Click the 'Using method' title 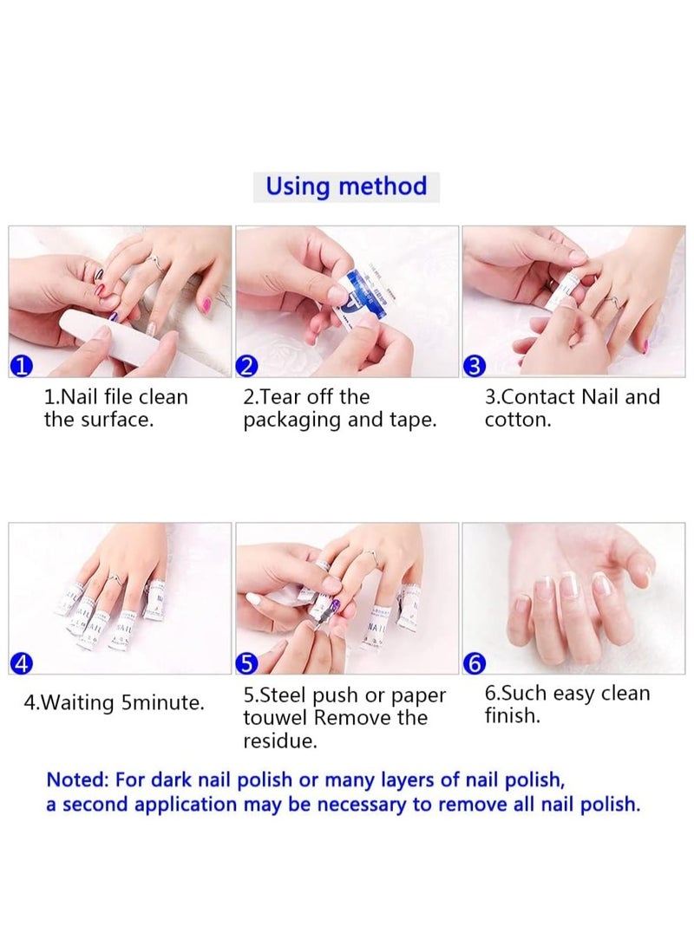point(346,186)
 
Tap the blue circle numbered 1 point(22,367)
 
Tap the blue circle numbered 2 point(247,367)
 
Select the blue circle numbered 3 point(474,367)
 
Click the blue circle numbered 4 point(22,664)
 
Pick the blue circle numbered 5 point(247,664)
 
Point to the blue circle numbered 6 point(474,664)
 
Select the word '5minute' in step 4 point(162,702)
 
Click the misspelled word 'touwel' point(276,718)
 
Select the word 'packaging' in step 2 point(286,421)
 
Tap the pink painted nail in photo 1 point(206,304)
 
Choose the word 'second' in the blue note point(91,805)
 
